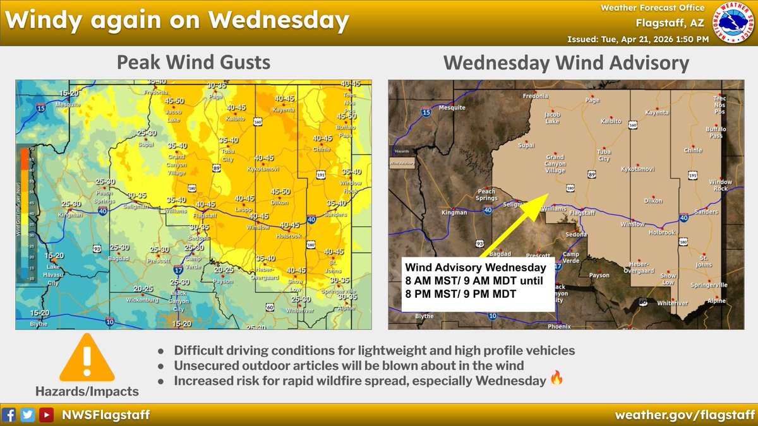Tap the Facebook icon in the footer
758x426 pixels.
coord(9,415)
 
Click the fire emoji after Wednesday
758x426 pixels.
coord(556,381)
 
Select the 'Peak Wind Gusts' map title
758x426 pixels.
coord(193,62)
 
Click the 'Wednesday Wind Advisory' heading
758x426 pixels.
coord(566,62)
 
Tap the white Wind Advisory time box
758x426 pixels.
coord(478,283)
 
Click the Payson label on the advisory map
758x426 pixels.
coord(599,275)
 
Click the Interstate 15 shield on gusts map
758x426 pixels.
coord(41,109)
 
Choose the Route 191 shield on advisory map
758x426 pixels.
coord(693,175)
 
